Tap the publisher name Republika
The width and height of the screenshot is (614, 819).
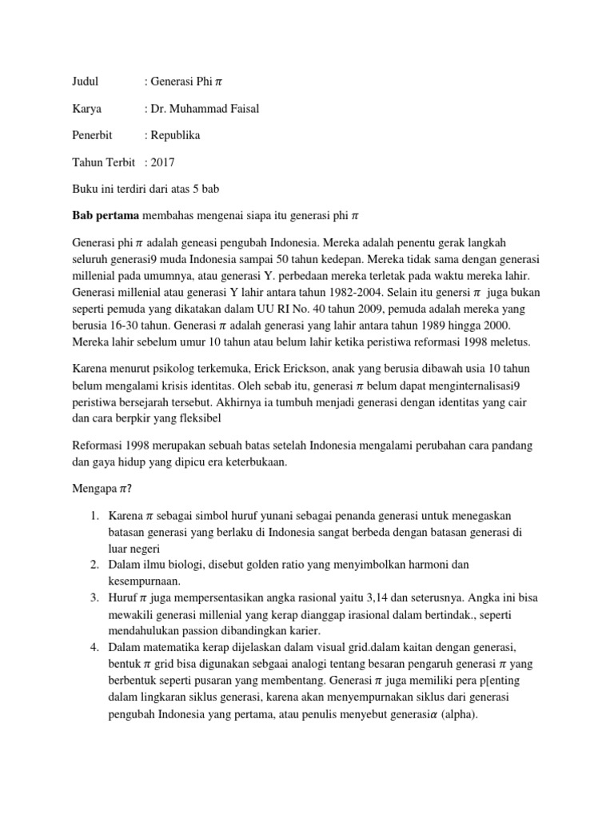176,135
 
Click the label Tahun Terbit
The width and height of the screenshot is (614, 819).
102,162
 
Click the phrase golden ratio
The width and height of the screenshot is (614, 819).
289,565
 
